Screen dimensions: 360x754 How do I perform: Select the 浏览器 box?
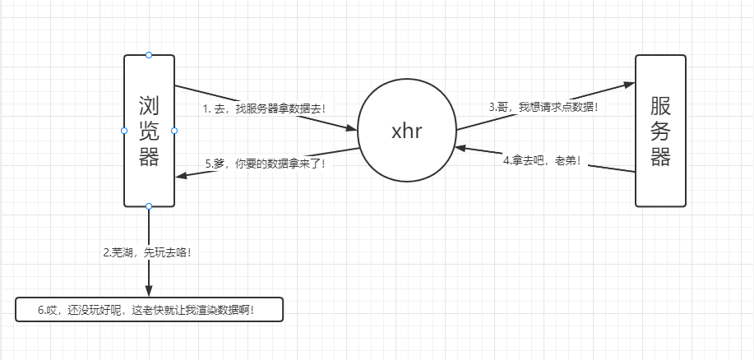pos(149,181)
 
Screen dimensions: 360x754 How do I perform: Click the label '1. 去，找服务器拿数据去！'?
pos(264,108)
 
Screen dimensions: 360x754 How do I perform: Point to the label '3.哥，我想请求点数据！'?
pos(544,106)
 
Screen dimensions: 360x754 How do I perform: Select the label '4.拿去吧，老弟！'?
pos(544,159)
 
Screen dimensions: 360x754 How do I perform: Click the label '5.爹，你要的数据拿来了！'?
pos(265,163)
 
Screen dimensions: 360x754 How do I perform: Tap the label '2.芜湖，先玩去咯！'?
pos(148,252)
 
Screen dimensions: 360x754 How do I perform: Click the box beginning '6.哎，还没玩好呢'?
pos(149,310)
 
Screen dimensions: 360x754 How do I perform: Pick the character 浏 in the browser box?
pos(149,105)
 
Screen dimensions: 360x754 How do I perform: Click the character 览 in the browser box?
pos(149,131)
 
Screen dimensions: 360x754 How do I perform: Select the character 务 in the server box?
pos(660,131)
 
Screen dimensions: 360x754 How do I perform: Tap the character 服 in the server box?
pos(660,105)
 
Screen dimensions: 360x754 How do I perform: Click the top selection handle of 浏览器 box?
pos(149,55)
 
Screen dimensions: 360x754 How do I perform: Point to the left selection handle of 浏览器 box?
pos(124,131)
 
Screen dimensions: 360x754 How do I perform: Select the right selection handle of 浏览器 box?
pos(174,131)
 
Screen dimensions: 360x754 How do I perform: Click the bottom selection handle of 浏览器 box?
pos(149,206)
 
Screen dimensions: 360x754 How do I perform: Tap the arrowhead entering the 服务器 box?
pos(629,84)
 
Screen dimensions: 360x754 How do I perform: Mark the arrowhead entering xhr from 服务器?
pos(460,149)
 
